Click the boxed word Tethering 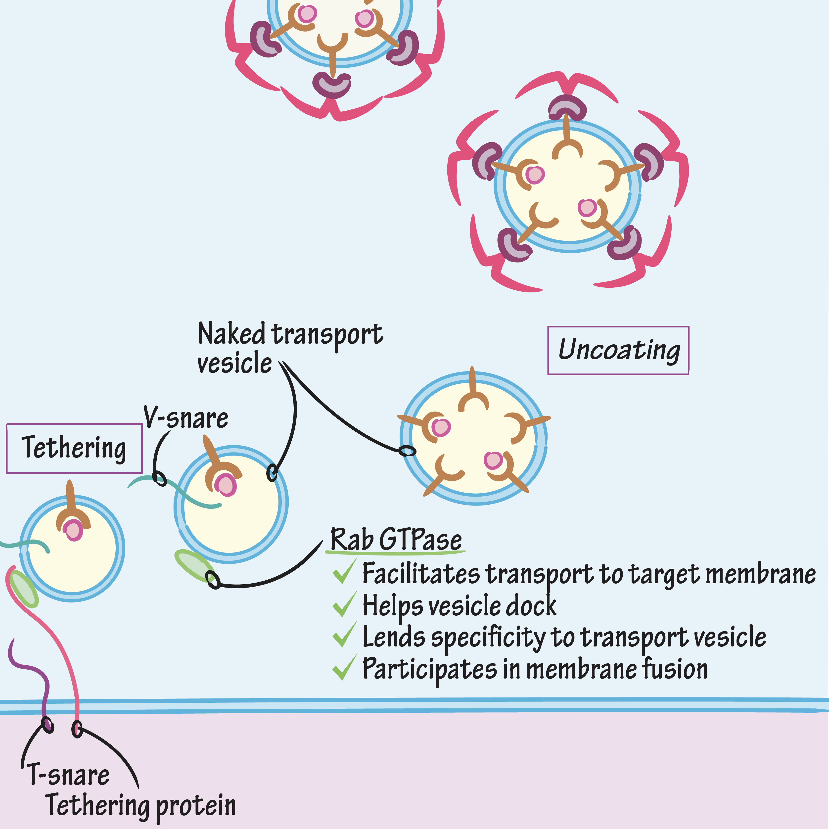(74, 448)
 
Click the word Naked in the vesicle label (232, 334)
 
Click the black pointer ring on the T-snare (48, 725)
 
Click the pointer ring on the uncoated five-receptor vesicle (407, 451)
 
